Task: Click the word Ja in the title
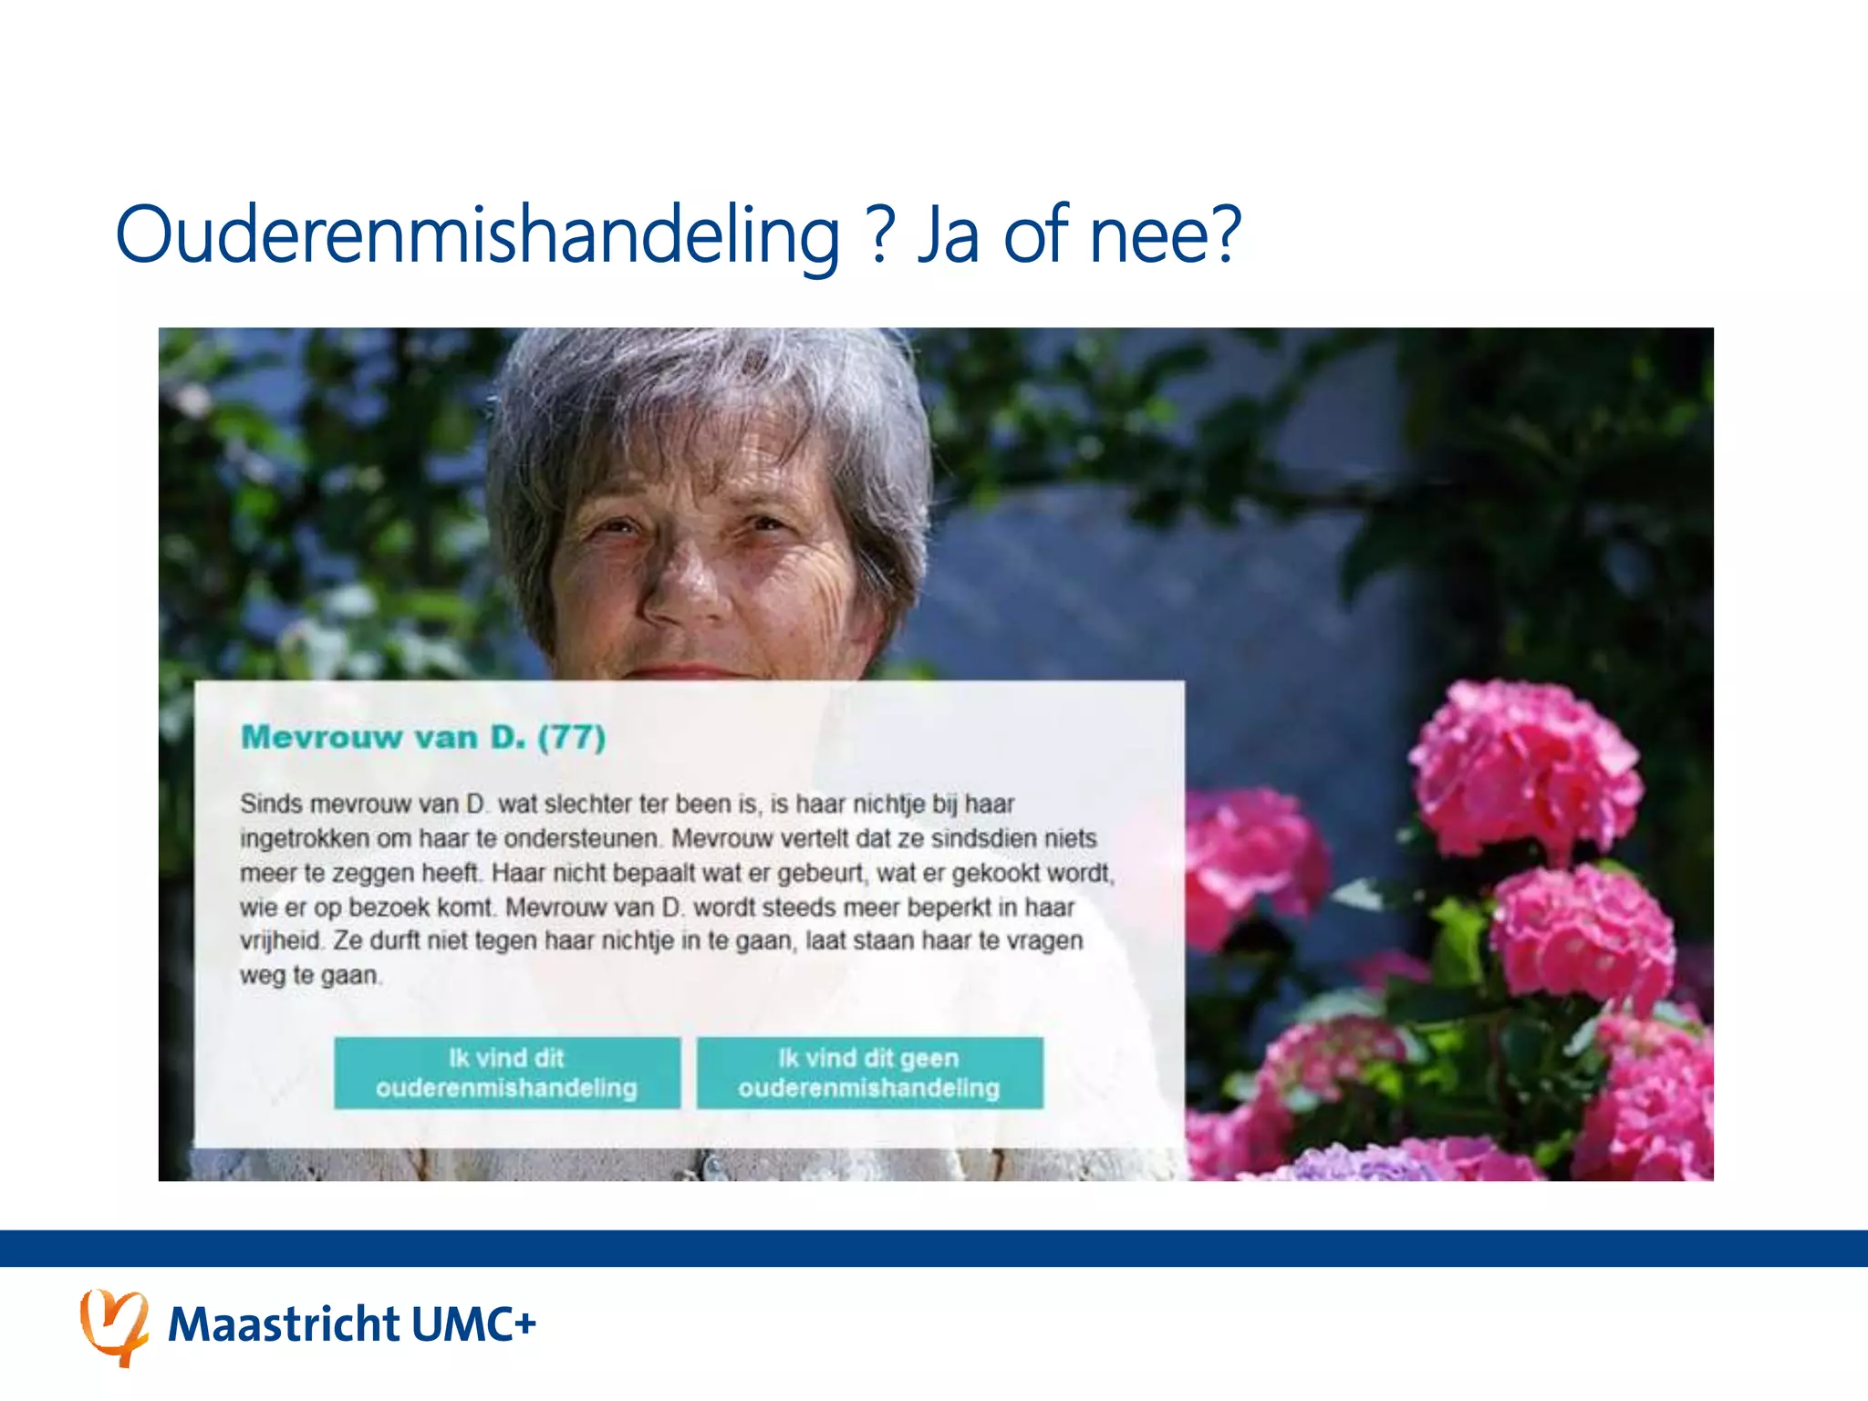coord(949,235)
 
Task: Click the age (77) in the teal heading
coord(571,737)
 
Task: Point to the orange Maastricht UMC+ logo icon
coord(114,1326)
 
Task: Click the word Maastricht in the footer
coord(284,1324)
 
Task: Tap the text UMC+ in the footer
coord(472,1324)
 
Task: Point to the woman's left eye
coord(764,524)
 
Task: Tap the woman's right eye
coord(618,527)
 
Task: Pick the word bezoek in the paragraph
coord(390,908)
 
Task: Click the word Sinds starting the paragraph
coord(270,804)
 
